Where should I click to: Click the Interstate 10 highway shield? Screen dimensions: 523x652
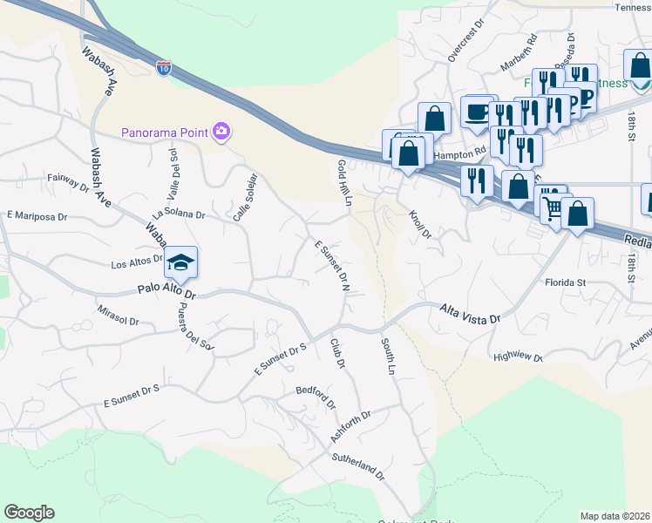point(164,67)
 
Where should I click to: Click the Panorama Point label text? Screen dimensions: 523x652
point(164,132)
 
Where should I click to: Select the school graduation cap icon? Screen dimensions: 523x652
point(180,261)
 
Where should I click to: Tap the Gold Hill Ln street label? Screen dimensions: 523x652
point(343,182)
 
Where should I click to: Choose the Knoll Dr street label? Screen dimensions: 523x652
point(420,227)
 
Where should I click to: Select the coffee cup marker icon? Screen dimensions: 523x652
point(477,112)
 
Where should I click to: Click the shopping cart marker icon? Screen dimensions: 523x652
point(551,206)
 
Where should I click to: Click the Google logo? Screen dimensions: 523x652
point(29,513)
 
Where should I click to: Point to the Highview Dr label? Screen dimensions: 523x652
point(518,357)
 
